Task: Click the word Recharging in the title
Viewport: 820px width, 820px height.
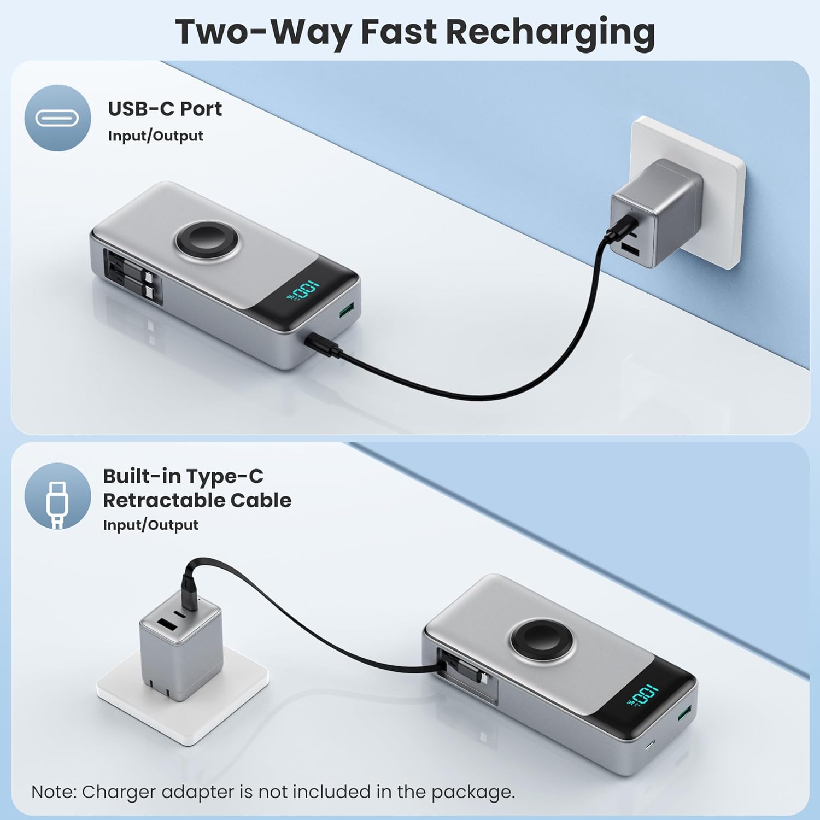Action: [x=550, y=32]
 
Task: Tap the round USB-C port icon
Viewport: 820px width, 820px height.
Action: [x=57, y=118]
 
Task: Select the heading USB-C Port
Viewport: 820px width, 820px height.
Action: [x=165, y=109]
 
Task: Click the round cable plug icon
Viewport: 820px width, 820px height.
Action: [x=57, y=496]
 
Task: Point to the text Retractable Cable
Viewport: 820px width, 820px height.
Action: [x=197, y=500]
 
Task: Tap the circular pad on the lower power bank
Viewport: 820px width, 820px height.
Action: [x=542, y=639]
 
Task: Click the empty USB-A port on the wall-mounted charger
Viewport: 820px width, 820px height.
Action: [x=630, y=250]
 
